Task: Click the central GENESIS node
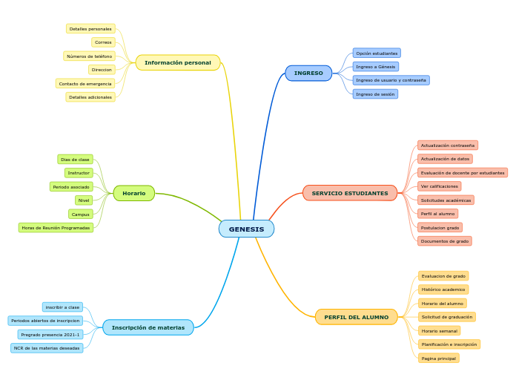click(246, 229)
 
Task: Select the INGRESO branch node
click(308, 73)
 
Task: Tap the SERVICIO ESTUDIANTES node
click(350, 193)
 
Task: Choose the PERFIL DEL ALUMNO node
click(356, 317)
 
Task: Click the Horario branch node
click(133, 193)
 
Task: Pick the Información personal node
click(177, 62)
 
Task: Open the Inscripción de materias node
click(148, 327)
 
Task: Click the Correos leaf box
click(103, 42)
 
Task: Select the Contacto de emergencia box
click(85, 84)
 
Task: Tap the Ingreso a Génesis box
click(376, 67)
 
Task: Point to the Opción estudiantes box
click(377, 53)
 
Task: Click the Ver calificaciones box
click(439, 186)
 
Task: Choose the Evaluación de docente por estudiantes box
click(463, 173)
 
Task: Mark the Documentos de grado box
click(445, 241)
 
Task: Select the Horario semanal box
click(439, 330)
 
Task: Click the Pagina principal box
click(438, 358)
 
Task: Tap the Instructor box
click(78, 173)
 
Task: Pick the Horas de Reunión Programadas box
click(56, 228)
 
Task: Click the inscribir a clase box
click(62, 307)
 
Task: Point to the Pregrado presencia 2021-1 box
click(50, 335)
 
